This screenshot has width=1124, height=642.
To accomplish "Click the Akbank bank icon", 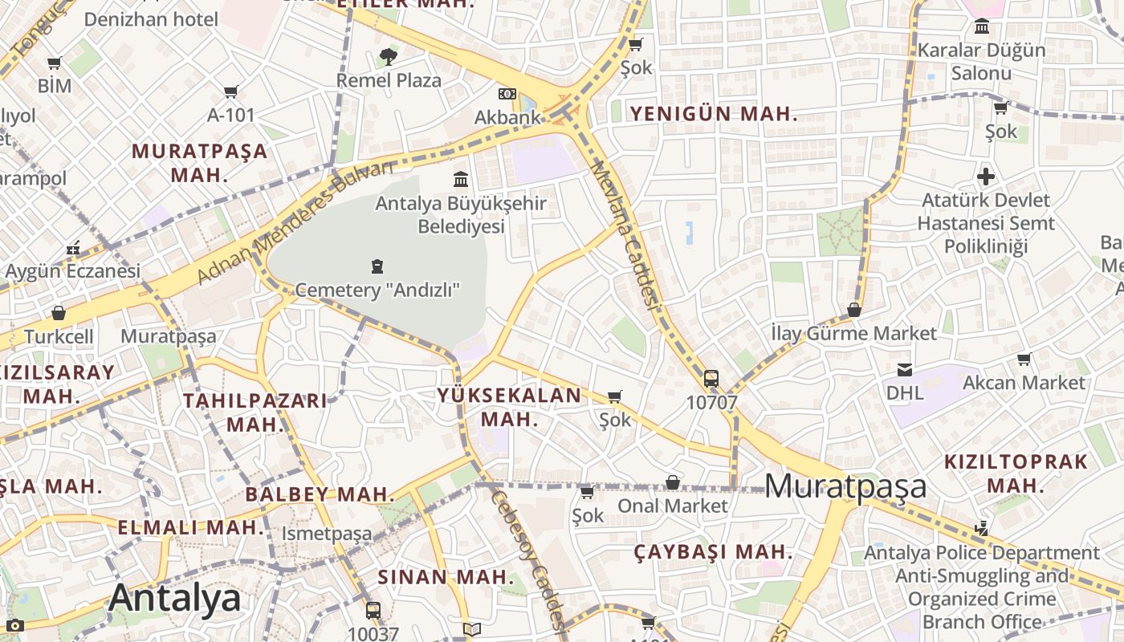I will [507, 94].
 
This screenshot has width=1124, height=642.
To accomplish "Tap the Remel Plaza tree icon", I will [389, 57].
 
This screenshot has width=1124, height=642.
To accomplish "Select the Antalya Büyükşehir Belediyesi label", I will [461, 214].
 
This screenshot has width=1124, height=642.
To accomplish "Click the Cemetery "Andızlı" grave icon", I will [377, 266].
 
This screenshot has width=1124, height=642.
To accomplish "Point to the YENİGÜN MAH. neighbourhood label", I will [714, 114].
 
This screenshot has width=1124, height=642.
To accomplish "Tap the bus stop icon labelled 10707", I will [711, 379].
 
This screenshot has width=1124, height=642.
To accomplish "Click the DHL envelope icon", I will [905, 369].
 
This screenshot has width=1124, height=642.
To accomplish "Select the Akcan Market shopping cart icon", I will [1024, 359].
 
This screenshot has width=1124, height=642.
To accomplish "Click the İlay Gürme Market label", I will [853, 333].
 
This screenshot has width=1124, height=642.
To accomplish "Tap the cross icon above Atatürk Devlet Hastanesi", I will [986, 177].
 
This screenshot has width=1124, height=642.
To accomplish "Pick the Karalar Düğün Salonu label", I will [981, 62].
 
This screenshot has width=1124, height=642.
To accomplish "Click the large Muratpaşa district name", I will [845, 486].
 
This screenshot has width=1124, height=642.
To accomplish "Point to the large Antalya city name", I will [174, 599].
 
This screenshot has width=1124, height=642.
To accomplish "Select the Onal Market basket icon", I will [673, 482].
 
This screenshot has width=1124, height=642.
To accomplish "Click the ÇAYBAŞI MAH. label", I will [713, 552].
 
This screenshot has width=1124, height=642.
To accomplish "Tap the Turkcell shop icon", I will [58, 313].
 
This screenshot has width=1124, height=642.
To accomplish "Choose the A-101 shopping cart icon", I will [231, 92].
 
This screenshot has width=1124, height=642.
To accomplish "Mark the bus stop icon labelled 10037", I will [373, 610].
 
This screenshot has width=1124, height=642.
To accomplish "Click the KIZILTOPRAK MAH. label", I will [1016, 473].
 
